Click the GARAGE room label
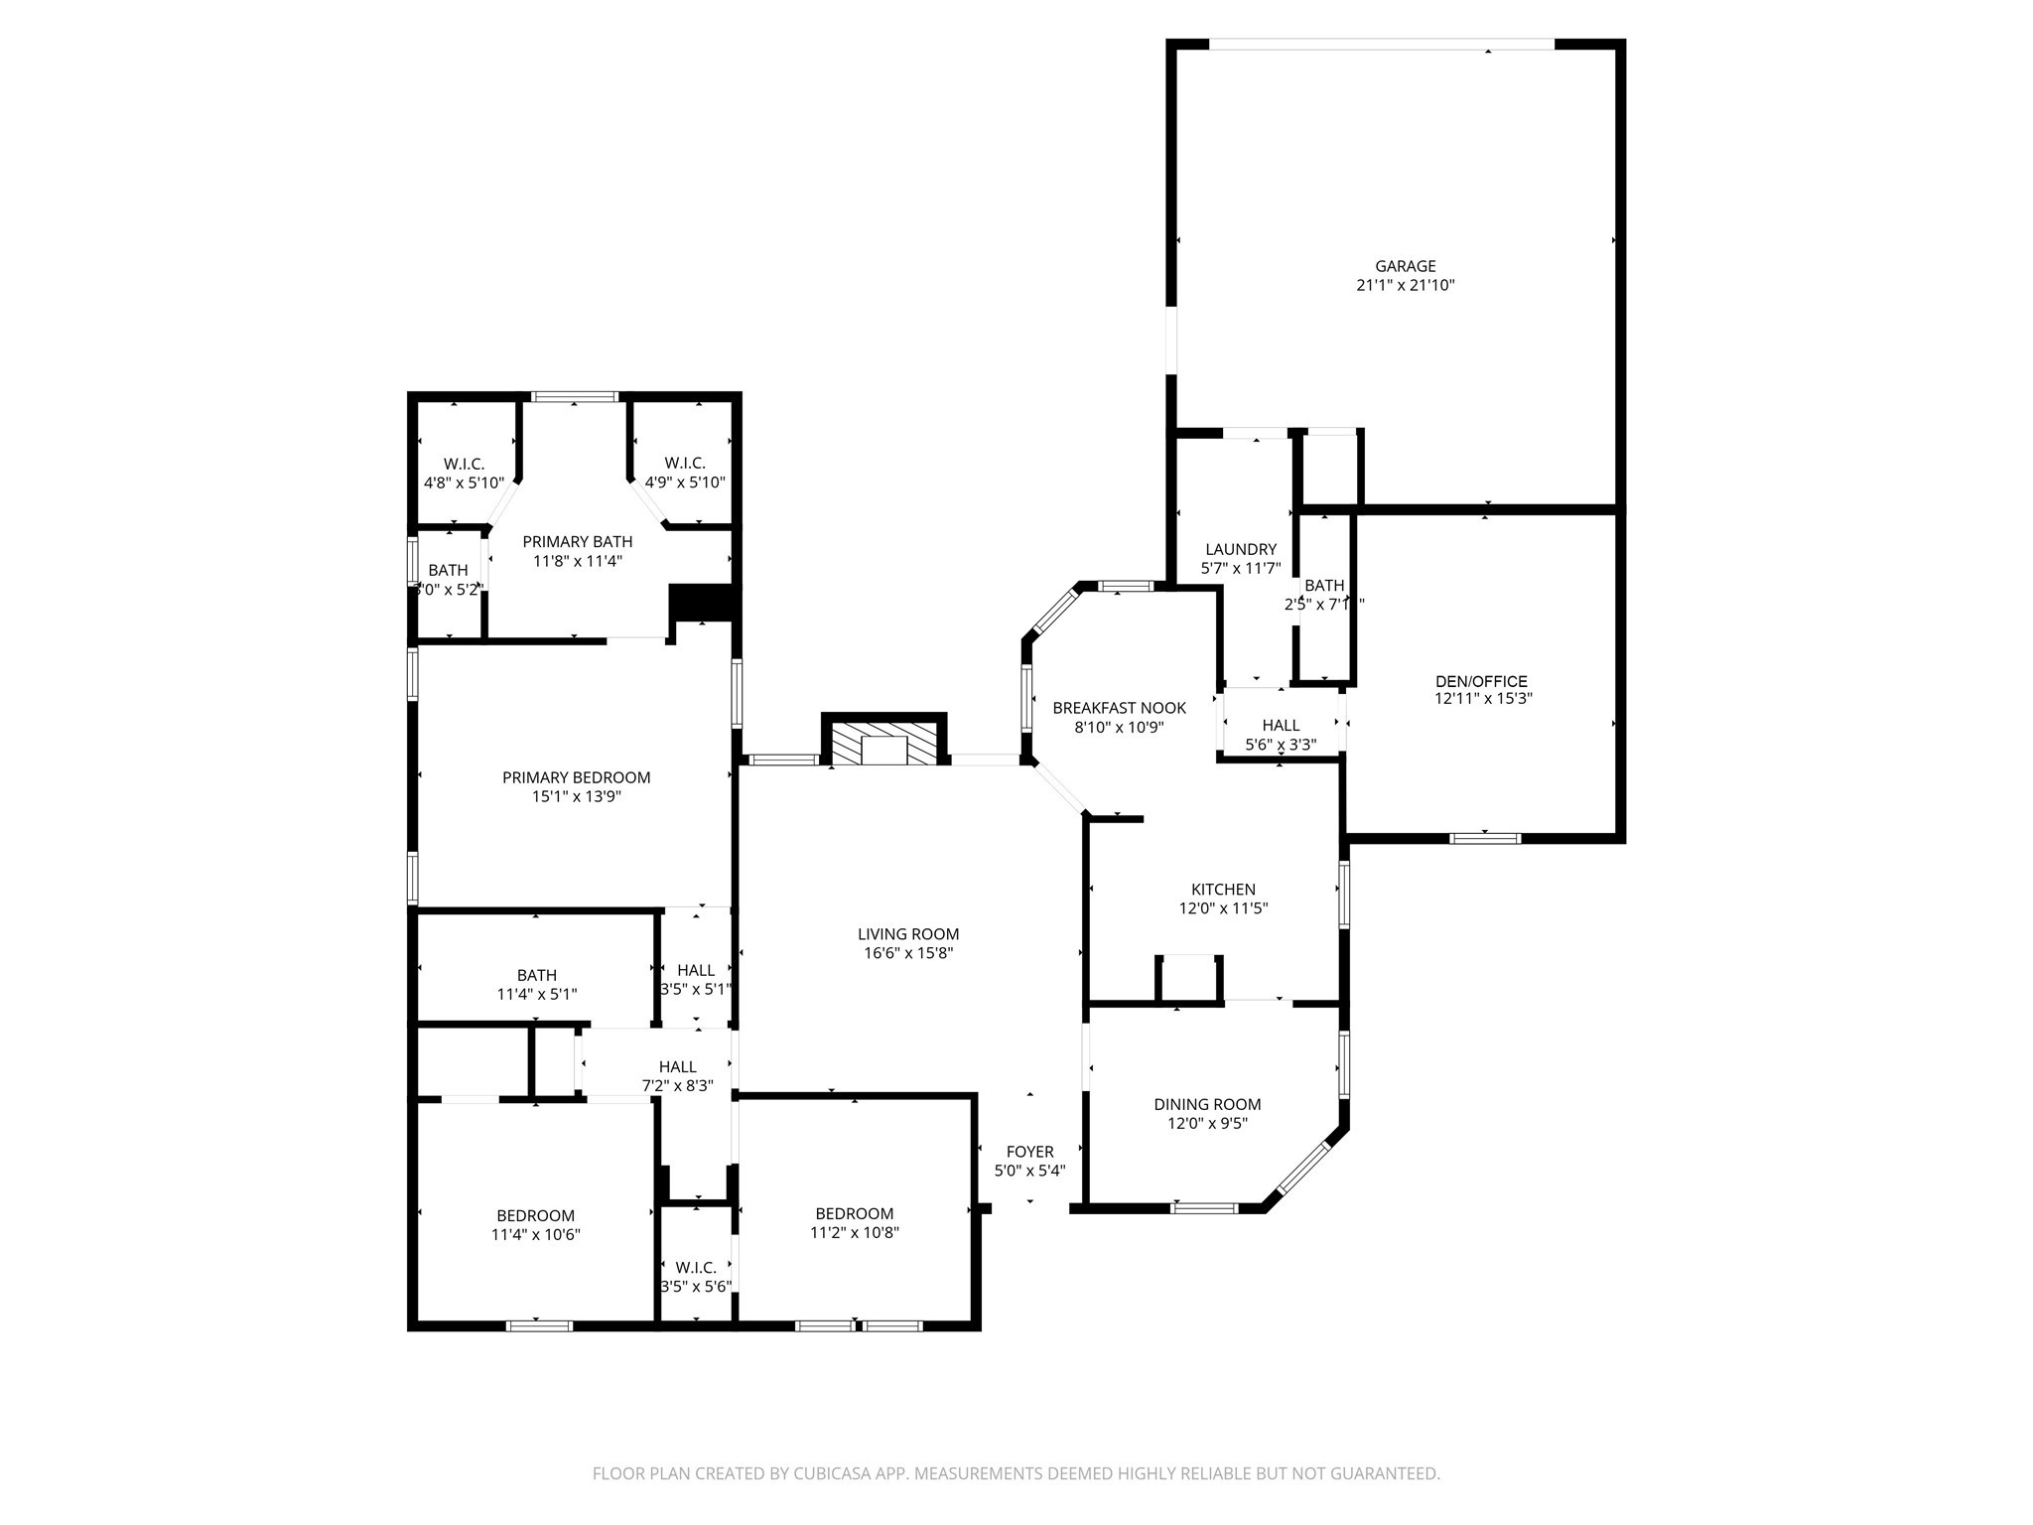[x=1405, y=266]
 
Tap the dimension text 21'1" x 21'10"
[x=1405, y=285]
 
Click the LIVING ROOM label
[x=908, y=934]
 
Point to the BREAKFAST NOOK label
[x=1119, y=708]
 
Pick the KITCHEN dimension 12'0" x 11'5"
[x=1223, y=908]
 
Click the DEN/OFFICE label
[x=1481, y=681]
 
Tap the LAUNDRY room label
[x=1241, y=549]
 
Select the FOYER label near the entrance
[x=1029, y=1152]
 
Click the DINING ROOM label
[x=1207, y=1104]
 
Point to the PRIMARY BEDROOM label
[x=576, y=777]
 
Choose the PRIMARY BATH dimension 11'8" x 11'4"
[x=577, y=561]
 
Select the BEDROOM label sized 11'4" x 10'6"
[x=535, y=1215]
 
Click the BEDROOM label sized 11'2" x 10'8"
[x=854, y=1213]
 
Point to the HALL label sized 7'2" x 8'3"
[x=677, y=1067]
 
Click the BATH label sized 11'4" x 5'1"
[x=536, y=975]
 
